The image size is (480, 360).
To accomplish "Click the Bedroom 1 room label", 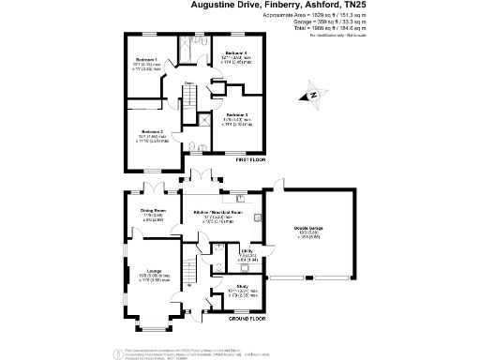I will click(144, 60).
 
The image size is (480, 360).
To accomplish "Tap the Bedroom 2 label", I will click(153, 132).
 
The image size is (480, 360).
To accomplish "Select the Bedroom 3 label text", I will click(236, 114).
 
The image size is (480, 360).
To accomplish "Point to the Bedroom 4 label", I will click(236, 53).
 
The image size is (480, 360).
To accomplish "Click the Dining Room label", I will click(153, 211).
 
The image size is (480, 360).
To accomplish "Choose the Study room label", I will click(242, 286).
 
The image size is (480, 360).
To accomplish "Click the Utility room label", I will click(247, 252).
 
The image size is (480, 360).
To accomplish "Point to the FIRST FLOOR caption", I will click(244, 161).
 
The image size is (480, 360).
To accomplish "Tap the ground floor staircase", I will click(193, 272).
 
